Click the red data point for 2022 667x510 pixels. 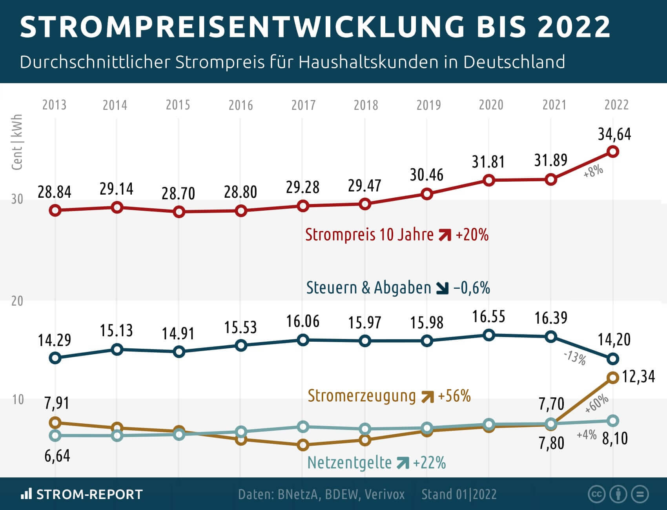[613, 151]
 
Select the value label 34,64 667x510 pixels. [614, 134]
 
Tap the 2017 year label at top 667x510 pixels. [303, 105]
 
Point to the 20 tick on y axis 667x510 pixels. [17, 301]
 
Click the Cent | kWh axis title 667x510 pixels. [17, 142]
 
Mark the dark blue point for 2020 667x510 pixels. [488, 335]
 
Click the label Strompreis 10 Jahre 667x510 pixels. [369, 235]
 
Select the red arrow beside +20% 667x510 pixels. [445, 235]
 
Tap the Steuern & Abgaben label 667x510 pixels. [368, 288]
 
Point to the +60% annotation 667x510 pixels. [596, 404]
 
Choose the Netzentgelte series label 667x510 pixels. [349, 463]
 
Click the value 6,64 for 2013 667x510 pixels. [57, 456]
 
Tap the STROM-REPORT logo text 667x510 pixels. [89, 494]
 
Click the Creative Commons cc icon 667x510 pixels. [597, 494]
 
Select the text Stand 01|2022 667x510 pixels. [459, 494]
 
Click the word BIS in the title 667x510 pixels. [501, 27]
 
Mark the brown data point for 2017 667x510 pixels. [303, 445]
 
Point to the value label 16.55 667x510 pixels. [488, 317]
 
